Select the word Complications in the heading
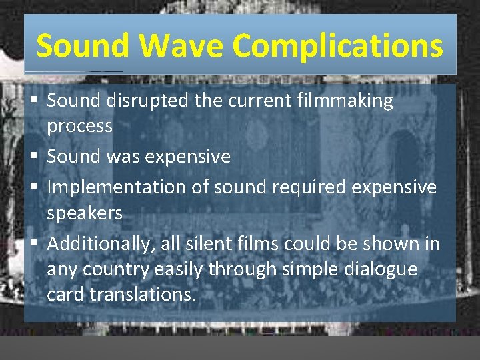point(337,46)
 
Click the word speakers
point(85,213)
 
